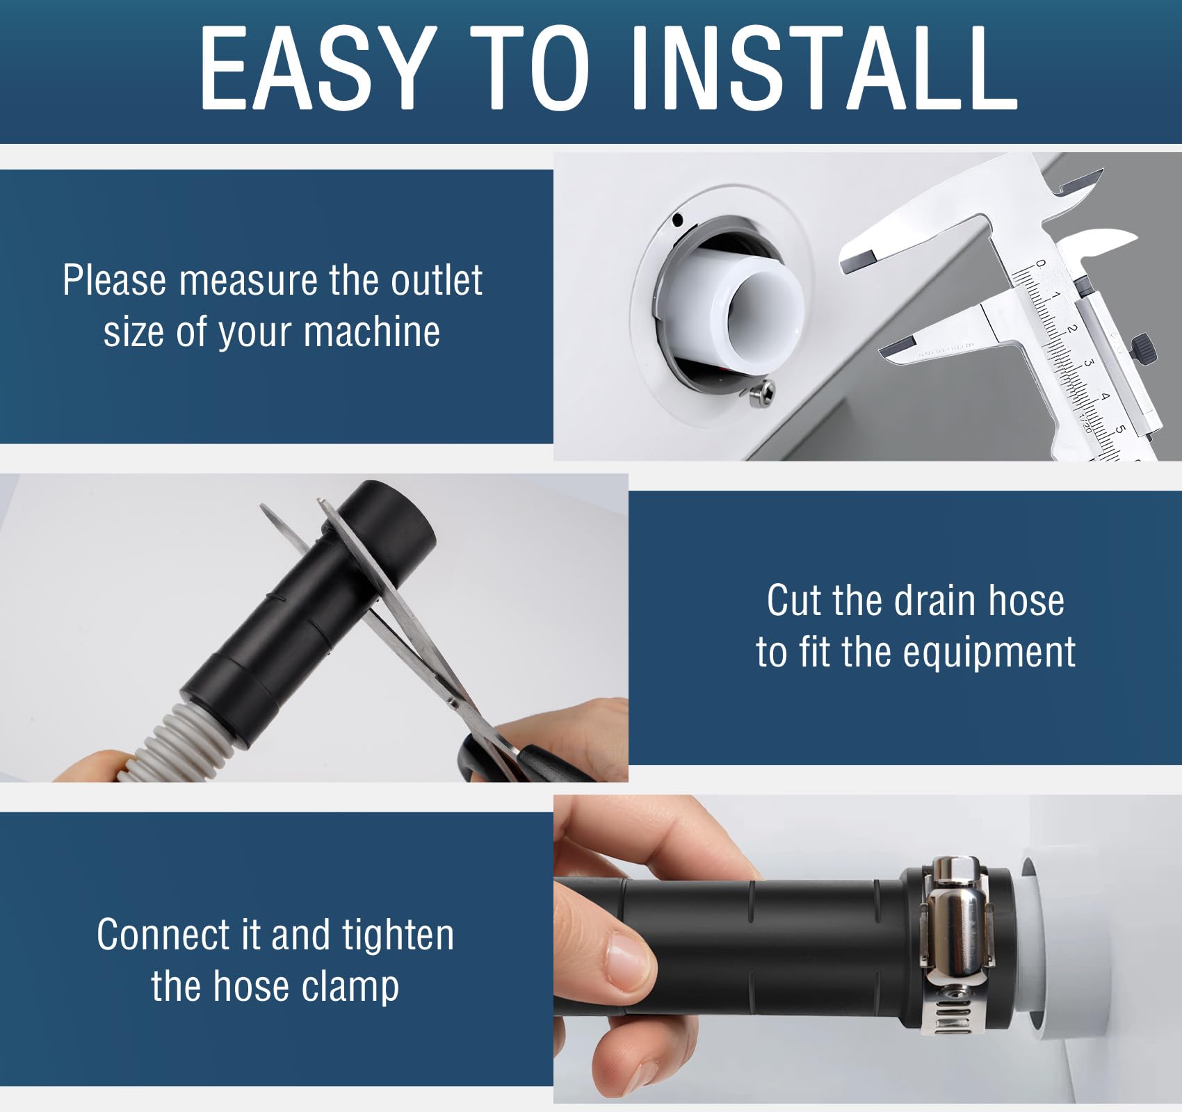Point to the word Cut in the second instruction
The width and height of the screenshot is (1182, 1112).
795,600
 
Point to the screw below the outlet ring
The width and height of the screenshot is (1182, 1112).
763,393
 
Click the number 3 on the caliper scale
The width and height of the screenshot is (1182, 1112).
1089,363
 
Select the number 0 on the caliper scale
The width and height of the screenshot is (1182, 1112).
1040,263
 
